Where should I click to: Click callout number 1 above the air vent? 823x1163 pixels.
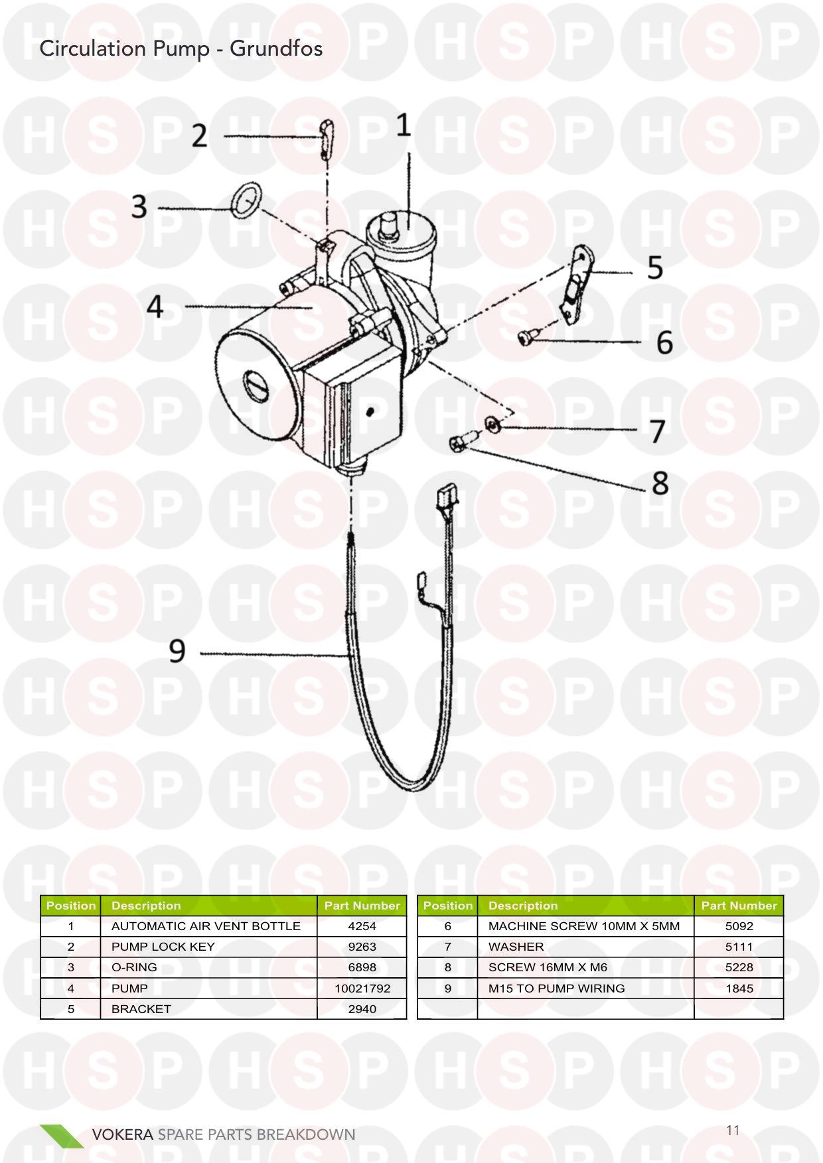[404, 125]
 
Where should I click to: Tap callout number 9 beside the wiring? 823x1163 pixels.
[177, 651]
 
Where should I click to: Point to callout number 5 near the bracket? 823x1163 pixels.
[655, 267]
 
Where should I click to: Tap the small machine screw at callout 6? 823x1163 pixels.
[526, 338]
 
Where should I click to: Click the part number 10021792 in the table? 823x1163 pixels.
[362, 988]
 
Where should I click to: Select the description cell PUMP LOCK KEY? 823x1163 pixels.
[163, 947]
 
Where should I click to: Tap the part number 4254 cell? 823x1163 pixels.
[362, 926]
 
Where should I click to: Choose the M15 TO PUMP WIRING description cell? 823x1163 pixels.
[556, 988]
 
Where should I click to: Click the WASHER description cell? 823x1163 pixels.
[516, 947]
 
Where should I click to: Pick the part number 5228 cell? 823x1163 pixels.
[739, 967]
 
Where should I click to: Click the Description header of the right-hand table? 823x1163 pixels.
[523, 906]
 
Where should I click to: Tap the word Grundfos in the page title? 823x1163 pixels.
[276, 49]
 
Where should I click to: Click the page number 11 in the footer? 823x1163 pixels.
[733, 1130]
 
